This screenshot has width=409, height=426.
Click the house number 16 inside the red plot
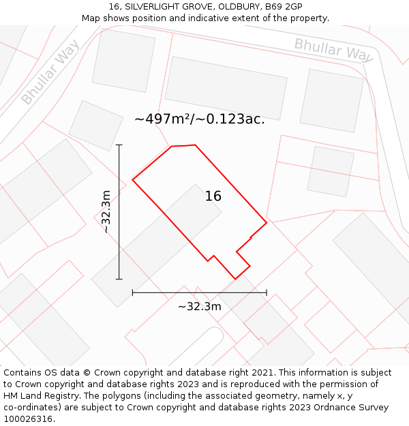[x=213, y=196]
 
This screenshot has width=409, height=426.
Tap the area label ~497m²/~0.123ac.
[x=199, y=119]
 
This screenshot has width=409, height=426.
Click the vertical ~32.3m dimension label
[x=106, y=212]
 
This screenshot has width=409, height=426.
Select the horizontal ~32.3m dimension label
[x=199, y=307]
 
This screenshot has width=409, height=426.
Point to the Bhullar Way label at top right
[x=333, y=50]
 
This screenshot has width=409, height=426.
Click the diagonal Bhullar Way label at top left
[x=50, y=72]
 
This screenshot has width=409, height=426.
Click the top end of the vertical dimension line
[x=119, y=144]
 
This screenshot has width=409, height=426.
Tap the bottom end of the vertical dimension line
[x=119, y=279]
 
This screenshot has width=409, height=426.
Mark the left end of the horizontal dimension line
[x=132, y=292]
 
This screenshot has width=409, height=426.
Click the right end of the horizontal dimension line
[x=267, y=292]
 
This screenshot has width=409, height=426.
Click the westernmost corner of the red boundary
[x=132, y=180]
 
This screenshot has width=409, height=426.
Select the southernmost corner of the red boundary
[x=234, y=279]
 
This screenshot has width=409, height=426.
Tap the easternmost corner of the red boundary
[x=267, y=222]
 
